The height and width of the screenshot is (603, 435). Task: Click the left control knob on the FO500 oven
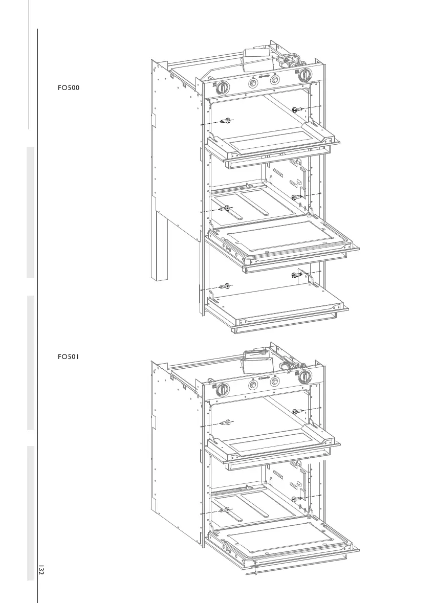tap(222, 87)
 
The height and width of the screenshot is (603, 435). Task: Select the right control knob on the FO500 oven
tap(305, 75)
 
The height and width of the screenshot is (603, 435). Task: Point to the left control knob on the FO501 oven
tap(222, 388)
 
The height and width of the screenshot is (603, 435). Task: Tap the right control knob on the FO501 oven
tap(305, 376)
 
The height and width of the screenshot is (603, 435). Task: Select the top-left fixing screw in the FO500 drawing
tap(224, 121)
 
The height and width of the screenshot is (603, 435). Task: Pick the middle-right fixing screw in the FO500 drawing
tap(296, 197)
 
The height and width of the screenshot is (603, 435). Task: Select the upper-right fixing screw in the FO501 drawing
tap(296, 411)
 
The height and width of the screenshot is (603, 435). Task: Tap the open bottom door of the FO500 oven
tap(279, 304)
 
